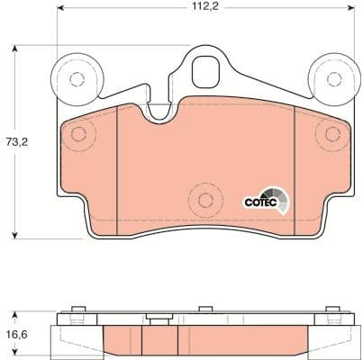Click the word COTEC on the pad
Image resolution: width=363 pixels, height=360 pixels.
[x=259, y=202]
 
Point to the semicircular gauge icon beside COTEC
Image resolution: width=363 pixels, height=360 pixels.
[x=280, y=200]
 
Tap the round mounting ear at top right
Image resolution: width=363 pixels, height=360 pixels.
[x=329, y=77]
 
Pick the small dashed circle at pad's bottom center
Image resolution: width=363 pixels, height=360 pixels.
[x=204, y=200]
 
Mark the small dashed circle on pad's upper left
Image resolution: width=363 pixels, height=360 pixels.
[x=78, y=135]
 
